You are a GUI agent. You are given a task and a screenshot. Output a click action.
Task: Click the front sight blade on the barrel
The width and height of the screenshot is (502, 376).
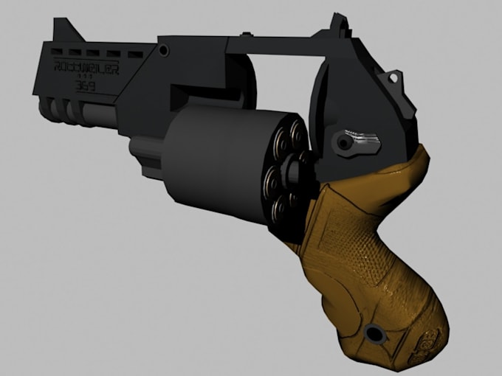[x=64, y=27]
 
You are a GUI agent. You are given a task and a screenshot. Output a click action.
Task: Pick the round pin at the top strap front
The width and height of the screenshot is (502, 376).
[x=163, y=49]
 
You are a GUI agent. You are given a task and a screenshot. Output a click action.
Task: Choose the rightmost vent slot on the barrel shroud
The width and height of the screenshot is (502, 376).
[x=134, y=54]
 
